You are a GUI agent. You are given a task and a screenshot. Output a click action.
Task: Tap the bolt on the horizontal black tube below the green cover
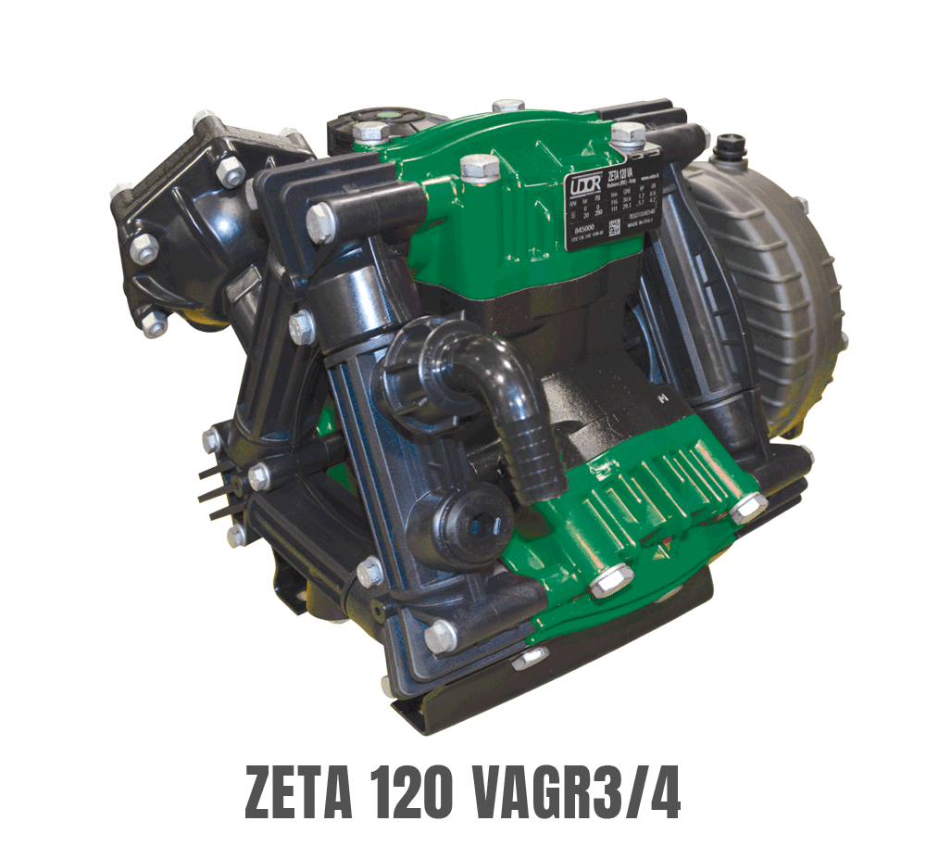320,222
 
